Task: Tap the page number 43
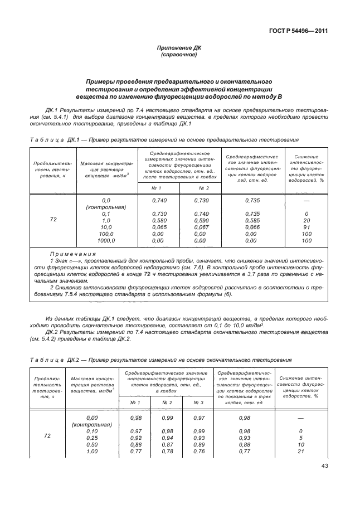324,467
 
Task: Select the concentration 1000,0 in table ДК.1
106,241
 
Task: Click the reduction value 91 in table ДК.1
307,227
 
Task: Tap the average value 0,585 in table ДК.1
253,221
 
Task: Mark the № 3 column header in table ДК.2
199,403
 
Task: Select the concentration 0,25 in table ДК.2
93,438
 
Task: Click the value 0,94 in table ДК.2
167,438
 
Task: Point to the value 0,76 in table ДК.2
199,452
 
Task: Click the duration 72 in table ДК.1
53,220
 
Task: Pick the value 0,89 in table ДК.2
199,445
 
